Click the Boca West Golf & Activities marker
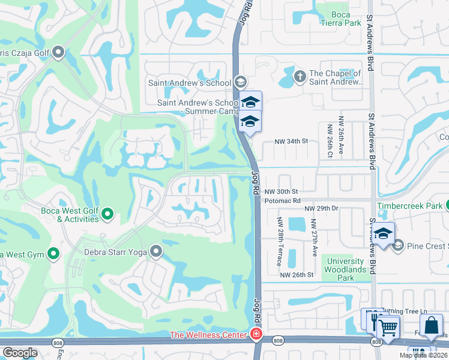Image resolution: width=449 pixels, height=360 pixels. click(x=107, y=213)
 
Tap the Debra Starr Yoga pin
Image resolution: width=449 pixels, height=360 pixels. click(x=156, y=251)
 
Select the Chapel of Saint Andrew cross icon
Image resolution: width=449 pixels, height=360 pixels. click(x=300, y=76)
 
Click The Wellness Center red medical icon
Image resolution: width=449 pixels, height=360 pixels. click(x=256, y=334)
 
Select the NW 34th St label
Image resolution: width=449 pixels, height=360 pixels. click(x=291, y=141)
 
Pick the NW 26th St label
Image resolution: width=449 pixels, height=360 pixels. click(x=297, y=275)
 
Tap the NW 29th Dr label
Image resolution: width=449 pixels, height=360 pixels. click(x=322, y=208)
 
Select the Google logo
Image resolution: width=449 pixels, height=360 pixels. click(x=20, y=353)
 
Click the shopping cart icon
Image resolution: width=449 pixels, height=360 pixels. click(x=388, y=328)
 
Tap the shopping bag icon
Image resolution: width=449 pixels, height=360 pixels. click(x=431, y=326)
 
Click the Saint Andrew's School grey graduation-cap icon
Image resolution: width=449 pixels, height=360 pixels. click(x=240, y=82)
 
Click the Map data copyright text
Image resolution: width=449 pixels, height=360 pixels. click(x=424, y=355)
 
